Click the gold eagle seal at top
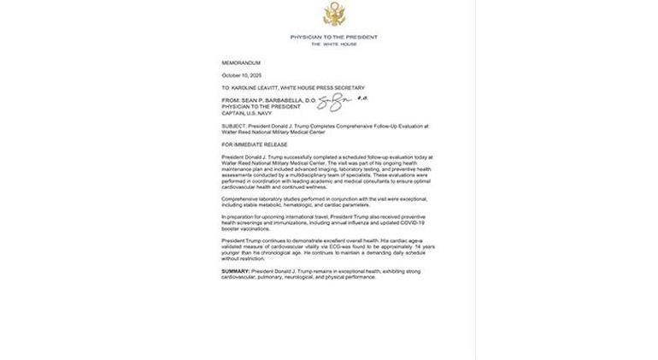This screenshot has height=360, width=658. pos(333,14)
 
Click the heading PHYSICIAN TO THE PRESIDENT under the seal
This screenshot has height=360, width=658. pos(333,37)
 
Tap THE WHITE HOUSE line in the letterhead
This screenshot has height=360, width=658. pos(333,44)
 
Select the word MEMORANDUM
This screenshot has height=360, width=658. pos(241,63)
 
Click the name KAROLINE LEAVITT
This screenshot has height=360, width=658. pos(266,87)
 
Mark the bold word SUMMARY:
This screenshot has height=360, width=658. pos(236,271)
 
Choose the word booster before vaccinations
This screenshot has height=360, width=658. pos(232,228)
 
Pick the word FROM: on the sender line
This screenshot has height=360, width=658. pos(231,100)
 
